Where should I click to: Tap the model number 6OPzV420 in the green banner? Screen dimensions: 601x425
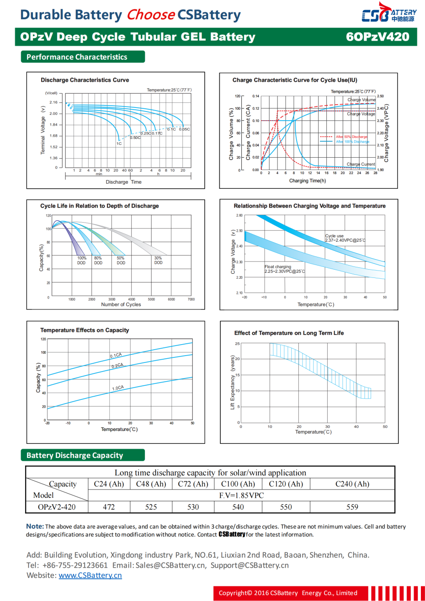click(x=377, y=37)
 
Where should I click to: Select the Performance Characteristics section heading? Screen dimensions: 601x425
click(x=77, y=57)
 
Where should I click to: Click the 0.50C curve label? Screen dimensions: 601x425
click(x=135, y=138)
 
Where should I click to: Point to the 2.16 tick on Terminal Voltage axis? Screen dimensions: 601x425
click(x=54, y=102)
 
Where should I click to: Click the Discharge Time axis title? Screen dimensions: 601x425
click(x=123, y=182)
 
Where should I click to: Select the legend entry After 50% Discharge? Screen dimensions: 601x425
click(x=351, y=137)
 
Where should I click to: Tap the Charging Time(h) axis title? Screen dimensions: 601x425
click(x=308, y=181)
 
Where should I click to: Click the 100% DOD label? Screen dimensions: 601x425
click(x=81, y=261)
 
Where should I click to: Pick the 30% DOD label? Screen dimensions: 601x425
click(x=158, y=261)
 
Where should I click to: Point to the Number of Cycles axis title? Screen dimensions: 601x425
click(x=121, y=304)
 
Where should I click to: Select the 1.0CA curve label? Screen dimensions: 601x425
click(x=118, y=388)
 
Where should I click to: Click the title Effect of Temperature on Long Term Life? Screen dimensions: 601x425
click(x=289, y=333)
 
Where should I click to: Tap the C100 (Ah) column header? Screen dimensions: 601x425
click(x=238, y=484)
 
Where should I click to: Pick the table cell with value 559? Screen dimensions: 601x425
click(x=352, y=507)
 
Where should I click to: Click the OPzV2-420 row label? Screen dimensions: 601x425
click(x=57, y=507)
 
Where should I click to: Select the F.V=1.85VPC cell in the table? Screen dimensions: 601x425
click(x=241, y=495)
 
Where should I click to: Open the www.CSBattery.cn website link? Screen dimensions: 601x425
click(x=90, y=575)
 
